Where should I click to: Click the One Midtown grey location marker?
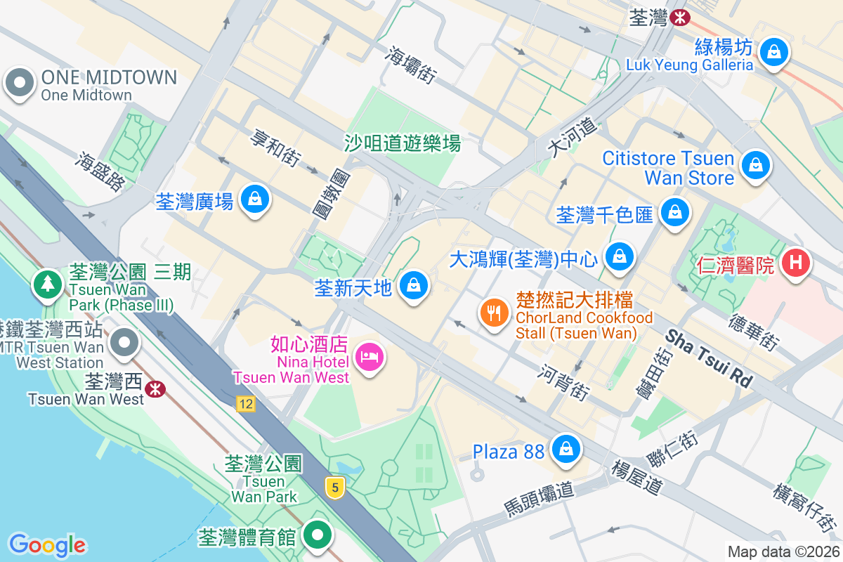[20, 84]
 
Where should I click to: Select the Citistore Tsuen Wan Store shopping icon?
[754, 165]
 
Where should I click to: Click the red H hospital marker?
[795, 263]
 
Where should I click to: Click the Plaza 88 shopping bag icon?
[566, 448]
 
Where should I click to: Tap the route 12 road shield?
[245, 404]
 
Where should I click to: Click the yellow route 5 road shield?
[336, 487]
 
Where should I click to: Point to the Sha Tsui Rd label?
[708, 358]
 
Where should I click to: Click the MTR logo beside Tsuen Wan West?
[155, 388]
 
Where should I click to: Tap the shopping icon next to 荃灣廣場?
[254, 200]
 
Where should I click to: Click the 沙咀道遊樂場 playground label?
[403, 144]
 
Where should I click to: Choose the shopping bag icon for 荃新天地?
[414, 285]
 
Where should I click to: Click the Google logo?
[47, 544]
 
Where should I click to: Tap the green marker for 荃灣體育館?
[318, 535]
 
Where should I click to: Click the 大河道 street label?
[574, 137]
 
